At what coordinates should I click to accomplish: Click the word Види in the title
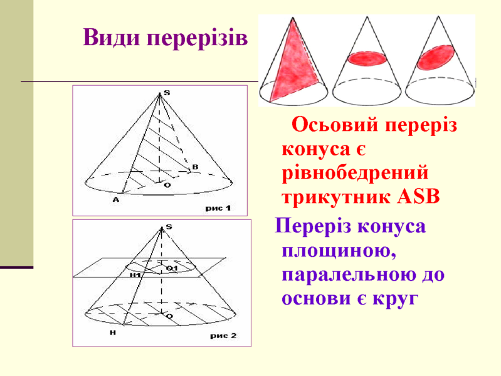coord(110,39)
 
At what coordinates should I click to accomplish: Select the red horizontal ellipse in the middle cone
coord(364,58)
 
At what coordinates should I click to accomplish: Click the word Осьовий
coord(335,125)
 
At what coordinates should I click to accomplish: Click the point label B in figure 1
coord(194,167)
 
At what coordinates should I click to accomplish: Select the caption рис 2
coord(223,336)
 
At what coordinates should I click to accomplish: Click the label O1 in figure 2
coord(172,268)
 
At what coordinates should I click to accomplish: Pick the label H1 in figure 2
coord(135,274)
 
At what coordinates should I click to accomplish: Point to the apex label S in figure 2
coord(169,226)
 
